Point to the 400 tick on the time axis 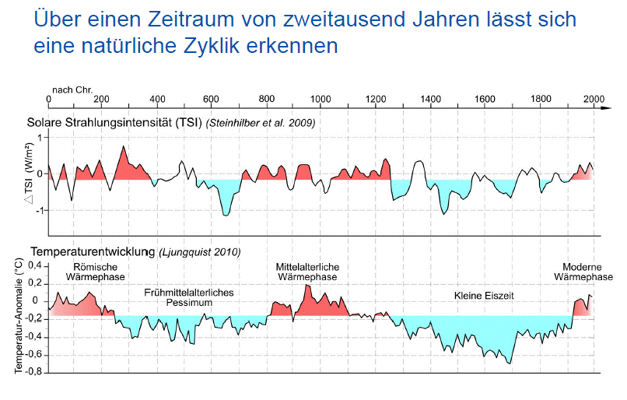tap(157, 100)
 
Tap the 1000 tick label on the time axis tap(321, 100)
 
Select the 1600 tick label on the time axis tap(485, 100)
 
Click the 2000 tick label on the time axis tap(594, 100)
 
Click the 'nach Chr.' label tap(72, 89)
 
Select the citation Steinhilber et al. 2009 tap(261, 123)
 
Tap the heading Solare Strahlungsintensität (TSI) tap(116, 123)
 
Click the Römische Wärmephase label tap(90, 272)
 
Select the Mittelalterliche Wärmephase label tap(307, 272)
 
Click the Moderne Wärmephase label tap(583, 272)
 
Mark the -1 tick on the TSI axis tap(40, 210)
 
